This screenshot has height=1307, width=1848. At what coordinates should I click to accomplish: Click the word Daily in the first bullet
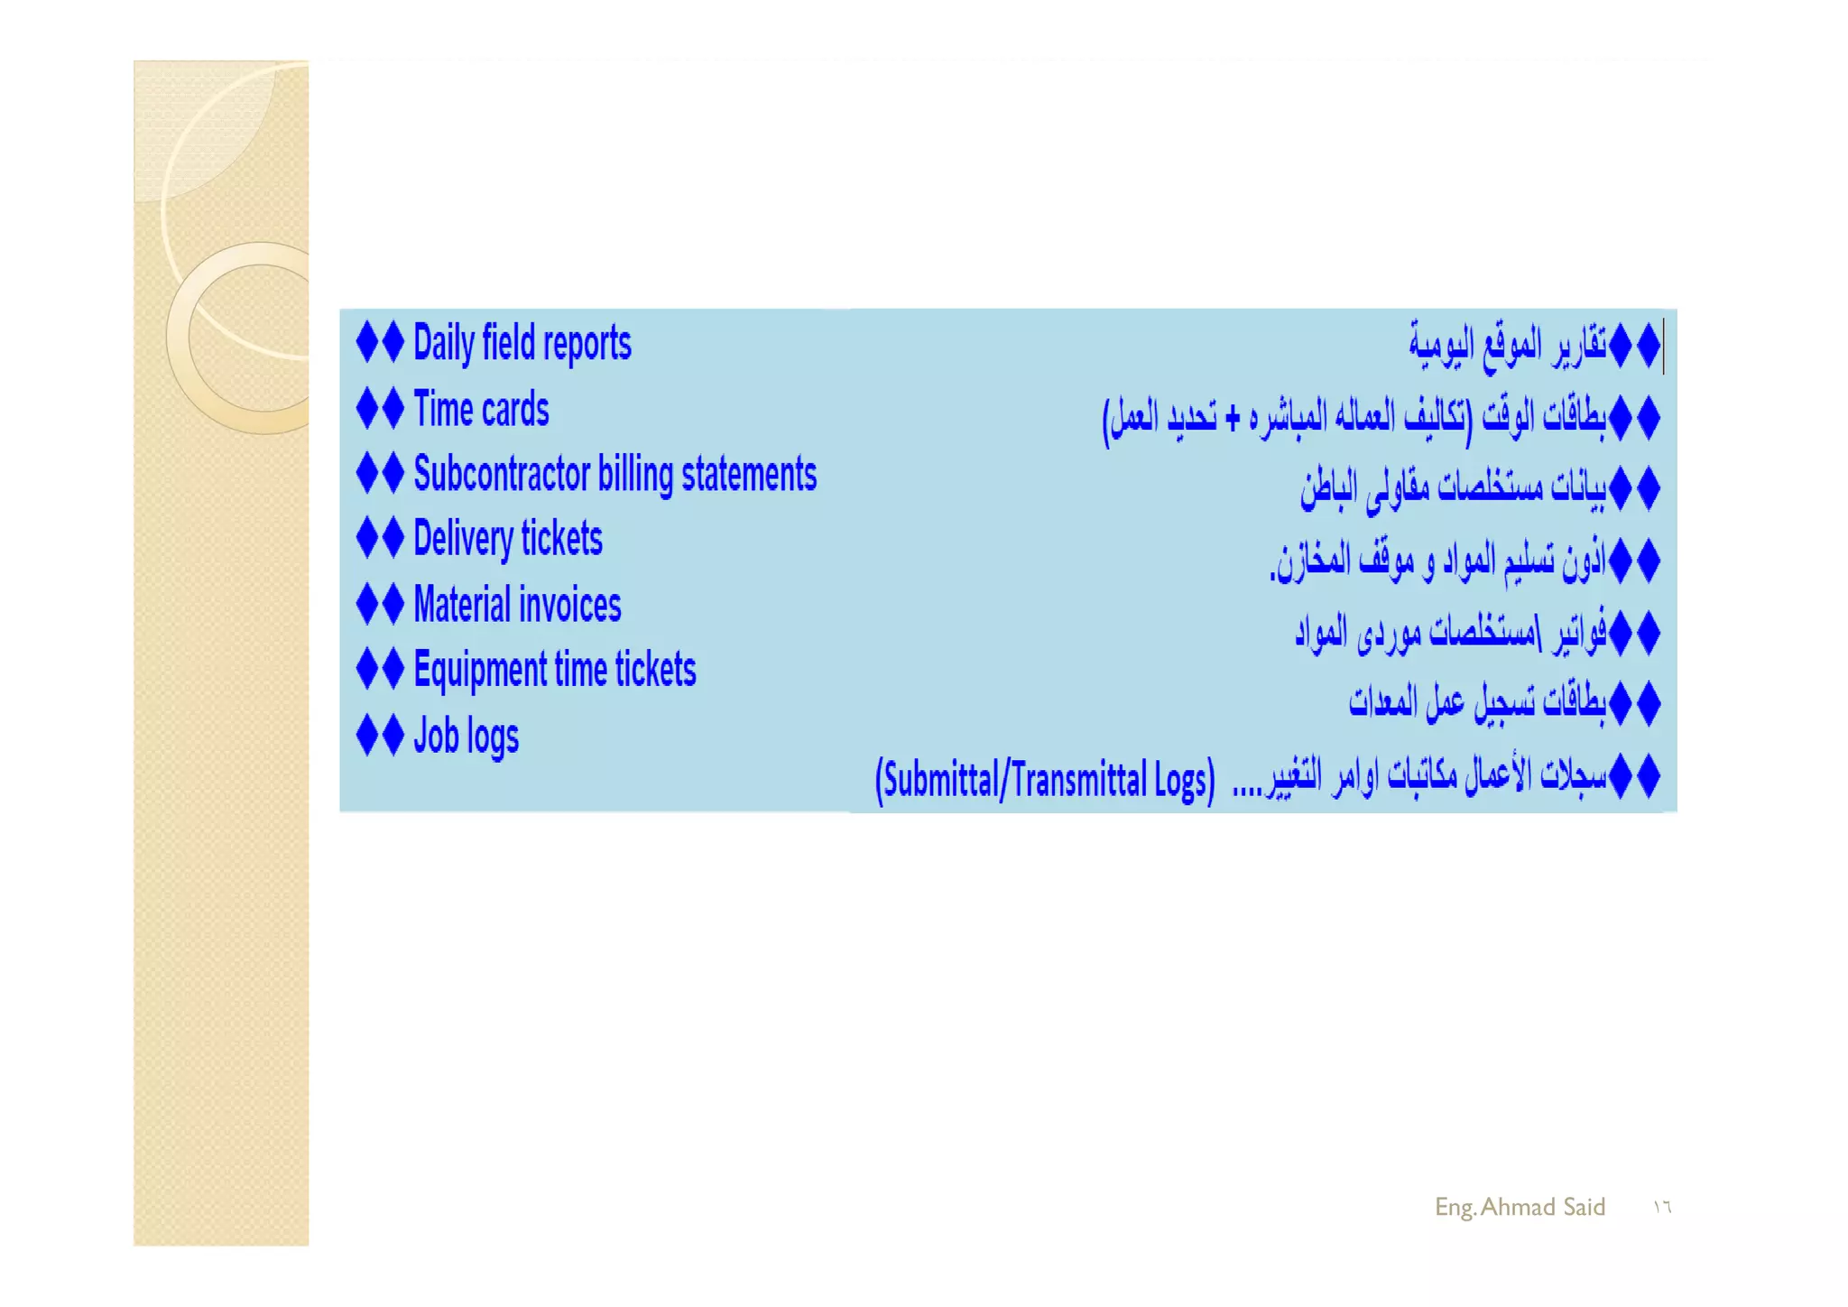(443, 344)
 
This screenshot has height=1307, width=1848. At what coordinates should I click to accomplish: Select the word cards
(515, 410)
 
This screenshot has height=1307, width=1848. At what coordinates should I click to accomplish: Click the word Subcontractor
(501, 475)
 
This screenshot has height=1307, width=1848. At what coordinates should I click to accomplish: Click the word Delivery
(463, 540)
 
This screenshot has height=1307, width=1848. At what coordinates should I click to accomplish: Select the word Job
(436, 736)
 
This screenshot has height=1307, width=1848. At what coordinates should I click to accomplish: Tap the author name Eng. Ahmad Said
(1520, 1207)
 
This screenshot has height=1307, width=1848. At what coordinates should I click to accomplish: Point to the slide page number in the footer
(1661, 1208)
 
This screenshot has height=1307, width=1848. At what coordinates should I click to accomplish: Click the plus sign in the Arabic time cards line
(1233, 418)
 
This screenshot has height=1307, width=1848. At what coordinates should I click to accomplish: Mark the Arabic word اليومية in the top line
(1441, 344)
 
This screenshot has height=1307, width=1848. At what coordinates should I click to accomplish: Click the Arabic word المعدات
(1382, 702)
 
